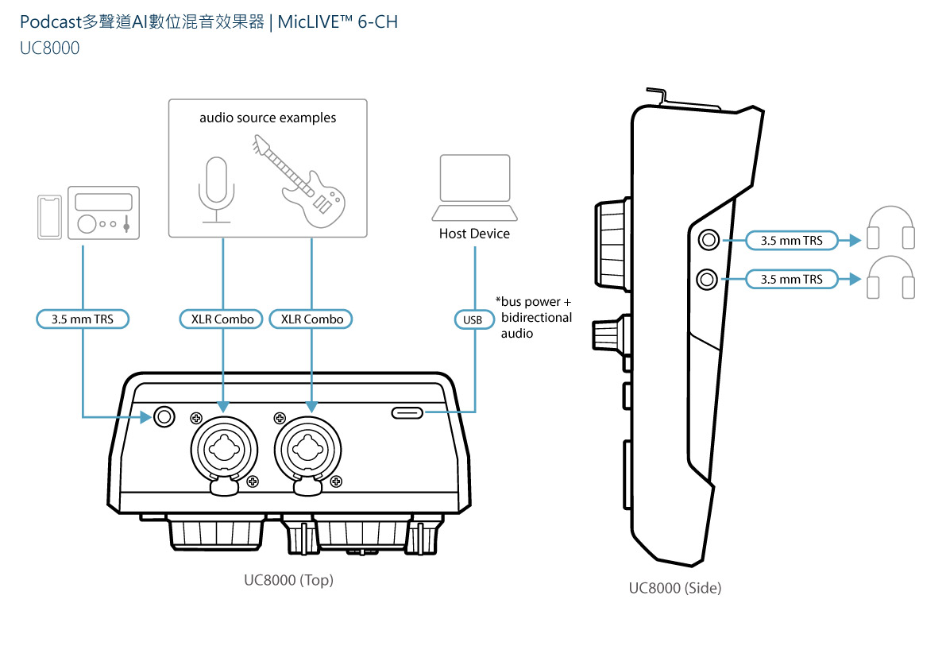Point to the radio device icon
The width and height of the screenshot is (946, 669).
103,212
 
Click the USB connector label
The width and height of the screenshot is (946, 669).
473,319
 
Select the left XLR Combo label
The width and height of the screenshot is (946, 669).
222,319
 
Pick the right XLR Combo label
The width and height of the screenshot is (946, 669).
311,319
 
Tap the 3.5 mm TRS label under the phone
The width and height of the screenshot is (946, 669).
83,319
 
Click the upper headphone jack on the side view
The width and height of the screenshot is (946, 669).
707,239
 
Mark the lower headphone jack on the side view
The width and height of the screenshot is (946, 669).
707,279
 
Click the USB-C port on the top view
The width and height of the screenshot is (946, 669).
408,412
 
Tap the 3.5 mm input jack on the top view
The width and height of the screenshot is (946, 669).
164,416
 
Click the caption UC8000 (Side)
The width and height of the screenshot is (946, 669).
674,589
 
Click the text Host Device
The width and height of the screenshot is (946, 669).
474,234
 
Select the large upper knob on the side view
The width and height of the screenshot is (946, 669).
612,247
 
